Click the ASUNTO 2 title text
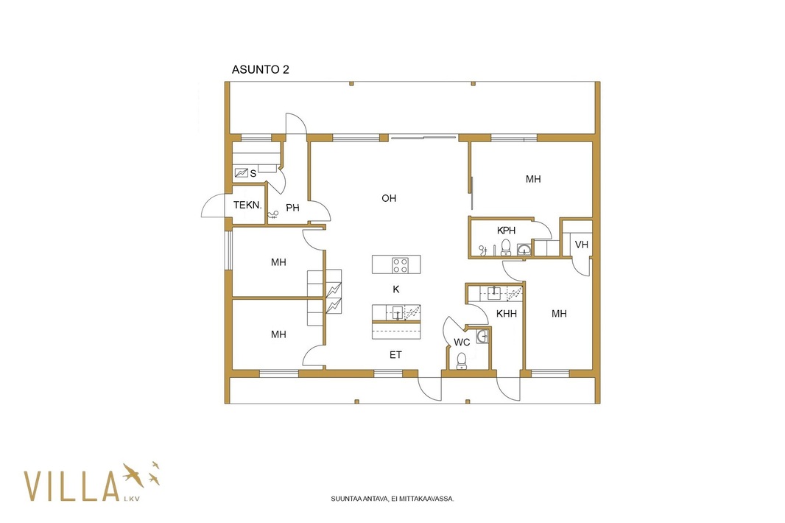[x=261, y=70]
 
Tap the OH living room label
[x=389, y=198]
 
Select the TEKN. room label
[x=247, y=205]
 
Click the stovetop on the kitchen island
[x=400, y=264]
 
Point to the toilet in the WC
[x=462, y=361]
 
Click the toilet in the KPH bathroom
[x=506, y=248]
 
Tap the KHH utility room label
[x=506, y=314]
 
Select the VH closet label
[x=581, y=245]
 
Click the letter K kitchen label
[x=396, y=289]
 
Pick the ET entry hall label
[x=395, y=355]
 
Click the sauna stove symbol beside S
[x=242, y=173]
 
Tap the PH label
[x=292, y=208]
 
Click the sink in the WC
[x=482, y=336]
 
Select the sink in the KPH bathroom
[x=524, y=250]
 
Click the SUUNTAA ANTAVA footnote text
[x=392, y=499]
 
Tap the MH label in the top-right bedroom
[x=533, y=179]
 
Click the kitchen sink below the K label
[x=397, y=312]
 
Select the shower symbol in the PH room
[x=273, y=216]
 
